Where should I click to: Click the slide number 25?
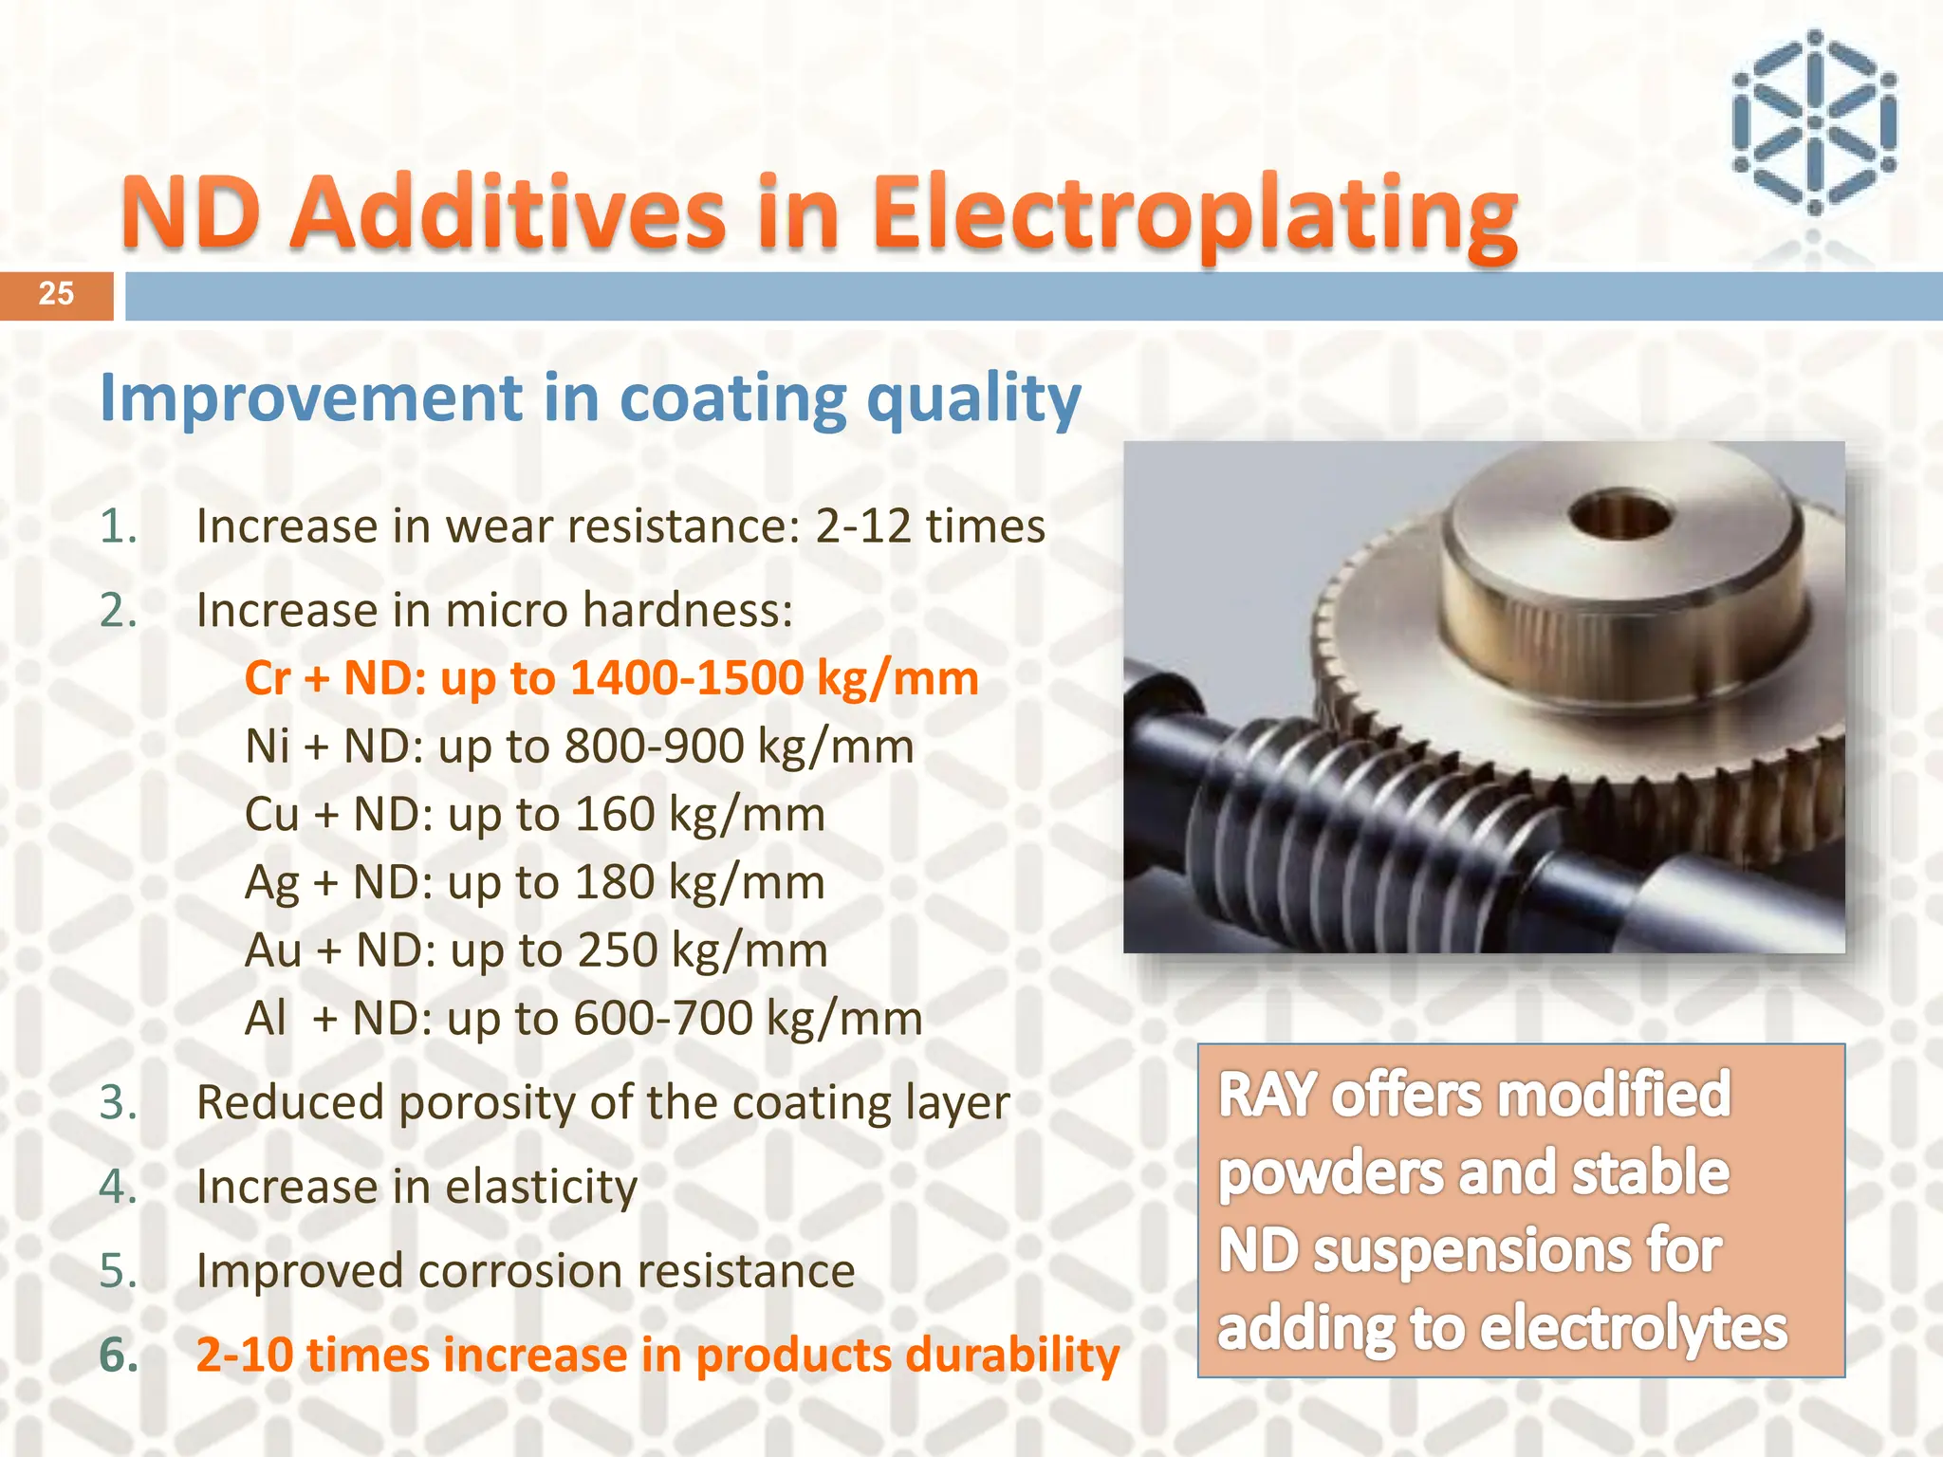coord(56,294)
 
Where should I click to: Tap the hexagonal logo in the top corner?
coord(1813,122)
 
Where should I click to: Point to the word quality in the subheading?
coord(973,399)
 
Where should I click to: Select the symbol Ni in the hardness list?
coord(268,747)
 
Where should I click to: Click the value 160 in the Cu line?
coord(615,815)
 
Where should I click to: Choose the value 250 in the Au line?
coord(617,950)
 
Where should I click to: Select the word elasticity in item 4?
coord(541,1188)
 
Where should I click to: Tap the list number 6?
coord(118,1355)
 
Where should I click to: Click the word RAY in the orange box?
coord(1267,1095)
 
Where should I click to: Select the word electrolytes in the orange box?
coord(1633,1328)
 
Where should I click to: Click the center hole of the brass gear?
coord(1619,519)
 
